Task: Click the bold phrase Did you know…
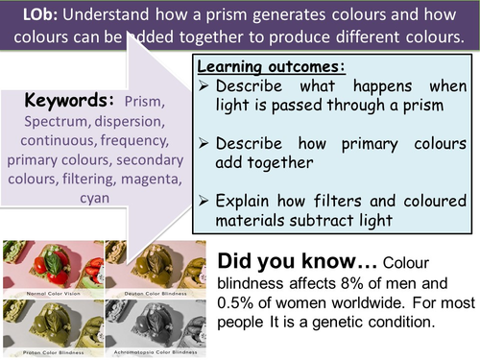click(x=287, y=261)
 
